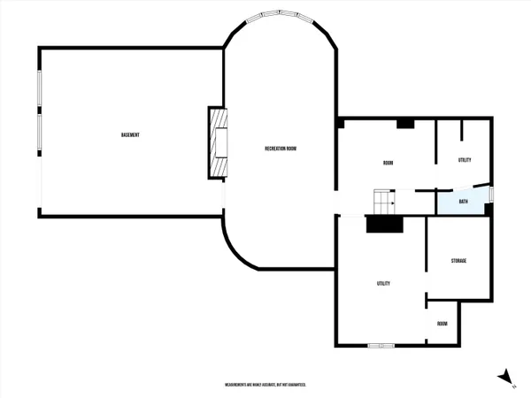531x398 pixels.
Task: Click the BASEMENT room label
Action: [131, 134]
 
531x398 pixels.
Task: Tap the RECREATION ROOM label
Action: [280, 148]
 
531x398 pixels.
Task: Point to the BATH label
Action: [463, 202]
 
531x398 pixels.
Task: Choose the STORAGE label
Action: [458, 261]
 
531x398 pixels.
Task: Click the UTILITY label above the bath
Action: [465, 160]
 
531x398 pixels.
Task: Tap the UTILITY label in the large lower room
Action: [384, 283]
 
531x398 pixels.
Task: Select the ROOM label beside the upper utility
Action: [388, 163]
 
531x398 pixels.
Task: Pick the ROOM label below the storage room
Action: [442, 324]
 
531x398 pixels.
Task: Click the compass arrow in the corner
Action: [504, 376]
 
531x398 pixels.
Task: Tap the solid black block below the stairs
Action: [384, 225]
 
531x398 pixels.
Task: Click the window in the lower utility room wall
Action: [381, 345]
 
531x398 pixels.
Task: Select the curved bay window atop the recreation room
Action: [280, 18]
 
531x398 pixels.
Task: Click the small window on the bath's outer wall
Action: [491, 194]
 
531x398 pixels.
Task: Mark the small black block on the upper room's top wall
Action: [405, 123]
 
